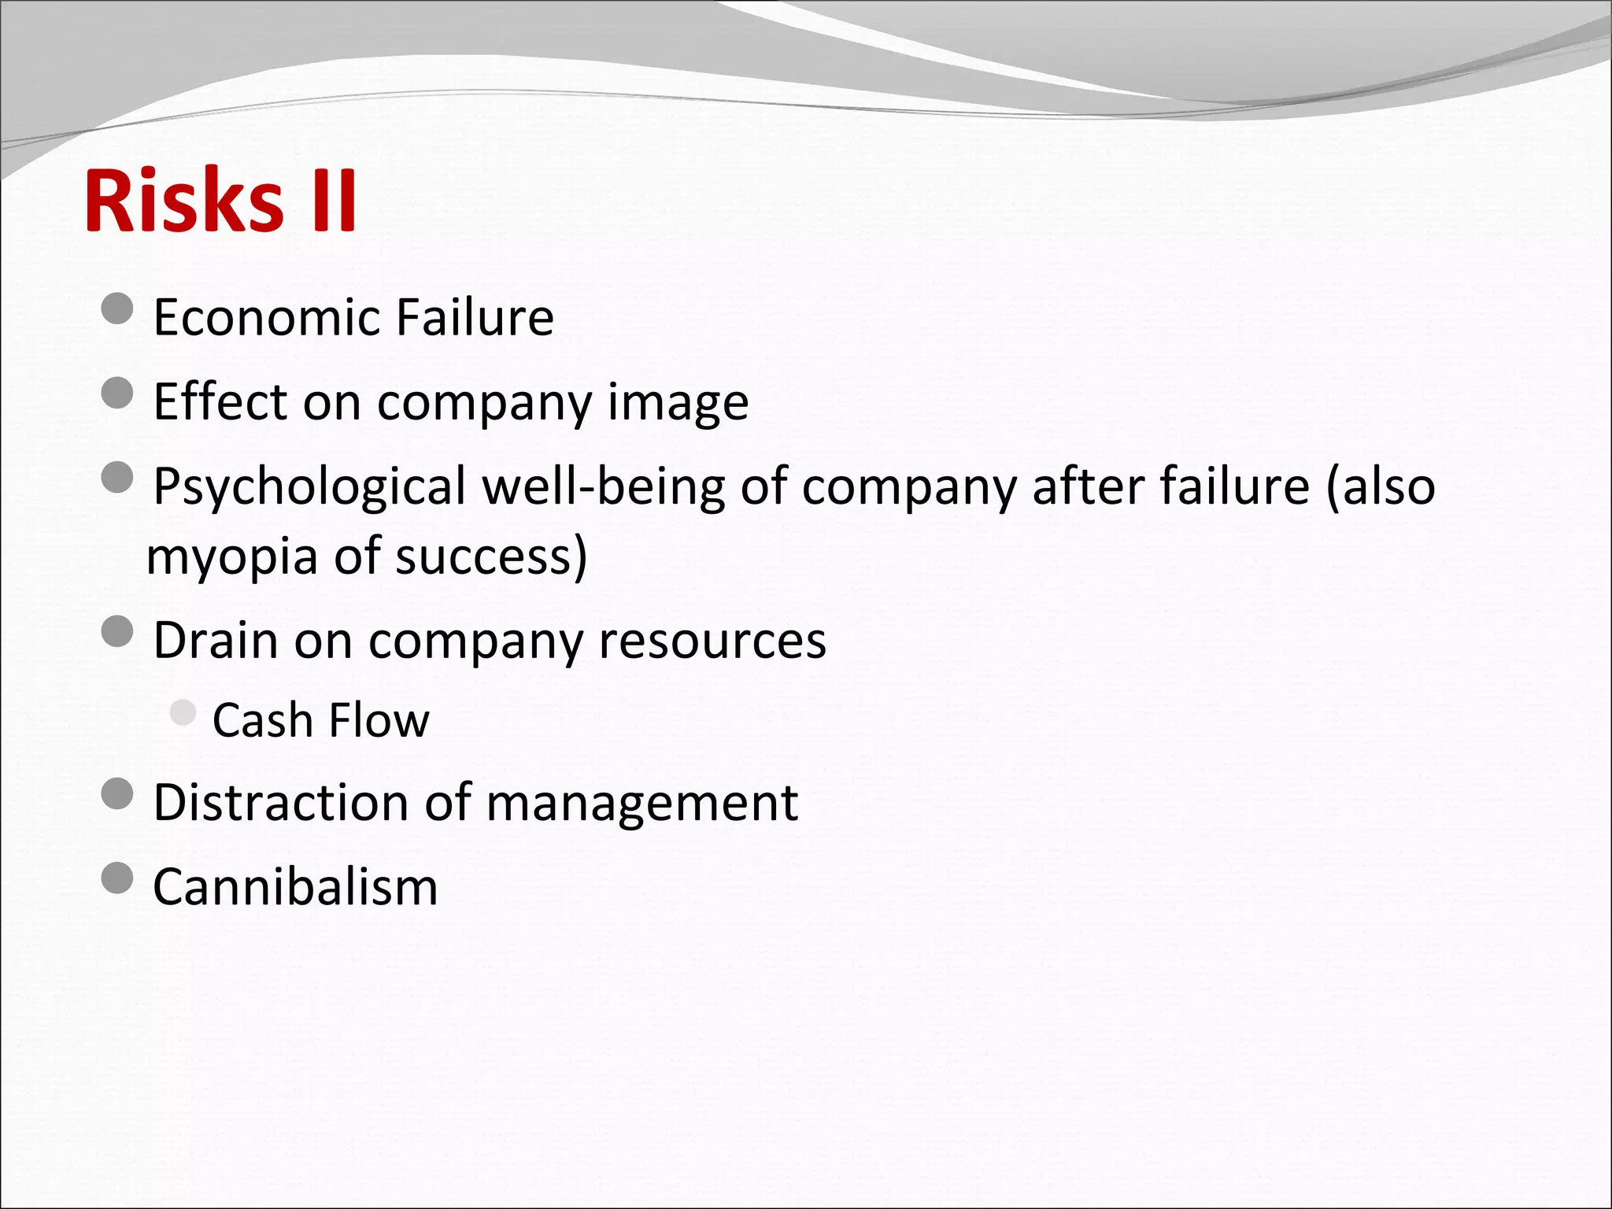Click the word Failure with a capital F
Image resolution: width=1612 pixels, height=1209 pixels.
[475, 317]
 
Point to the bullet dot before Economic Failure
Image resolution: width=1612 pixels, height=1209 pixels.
[117, 309]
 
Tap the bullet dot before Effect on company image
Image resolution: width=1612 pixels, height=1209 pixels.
[117, 393]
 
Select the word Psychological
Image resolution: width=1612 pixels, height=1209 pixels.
[309, 487]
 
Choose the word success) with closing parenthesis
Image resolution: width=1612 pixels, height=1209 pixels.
[491, 556]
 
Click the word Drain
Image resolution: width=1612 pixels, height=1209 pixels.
[215, 640]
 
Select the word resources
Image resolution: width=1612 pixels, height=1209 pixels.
[712, 641]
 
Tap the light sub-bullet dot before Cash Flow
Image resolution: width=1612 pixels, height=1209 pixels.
[183, 712]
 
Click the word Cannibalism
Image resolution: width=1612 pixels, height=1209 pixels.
[295, 887]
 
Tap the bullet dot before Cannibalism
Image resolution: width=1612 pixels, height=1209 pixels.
[117, 878]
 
